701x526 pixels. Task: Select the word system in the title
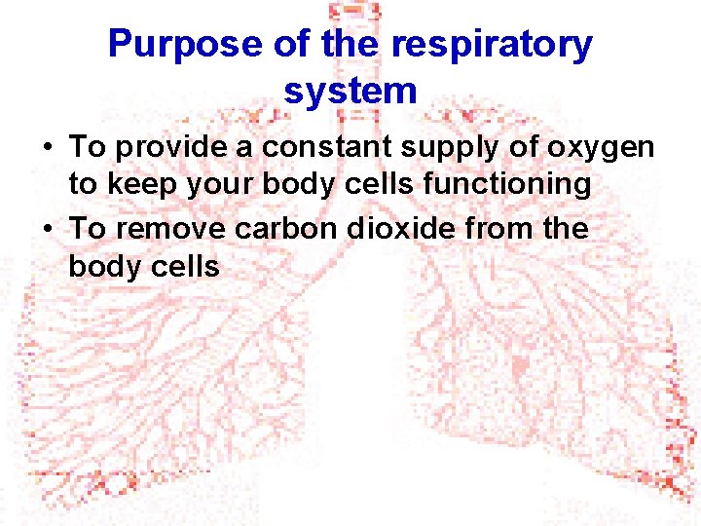tap(350, 91)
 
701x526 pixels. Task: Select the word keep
tap(138, 185)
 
